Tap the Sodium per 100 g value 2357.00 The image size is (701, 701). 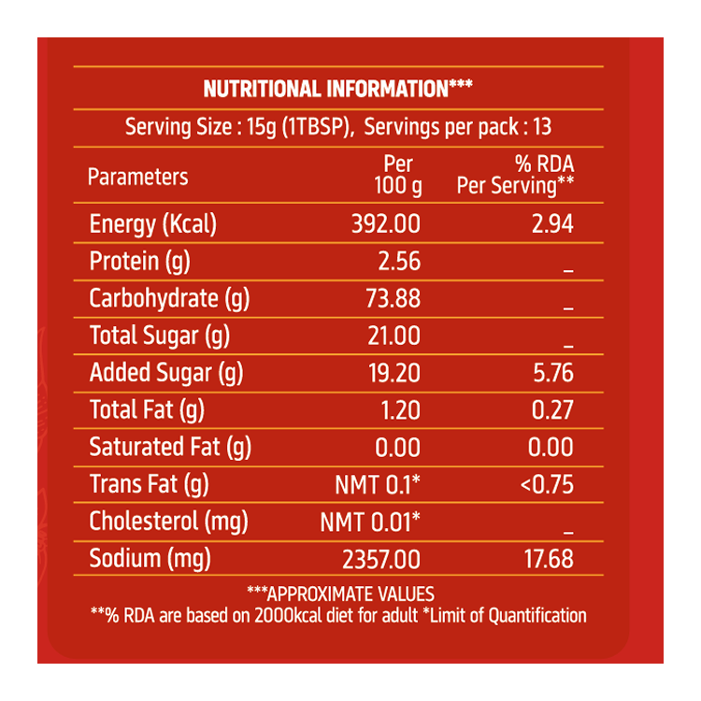pos(382,560)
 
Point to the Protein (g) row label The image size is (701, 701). pos(139,262)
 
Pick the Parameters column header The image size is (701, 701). pos(137,177)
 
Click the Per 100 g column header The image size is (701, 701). pos(398,176)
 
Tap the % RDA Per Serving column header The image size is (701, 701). pos(515,176)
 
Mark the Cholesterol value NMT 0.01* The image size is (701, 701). pos(370,522)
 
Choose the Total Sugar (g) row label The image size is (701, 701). pos(159,336)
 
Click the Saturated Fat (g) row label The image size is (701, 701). pos(170,448)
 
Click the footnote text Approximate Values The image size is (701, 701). pos(340,594)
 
